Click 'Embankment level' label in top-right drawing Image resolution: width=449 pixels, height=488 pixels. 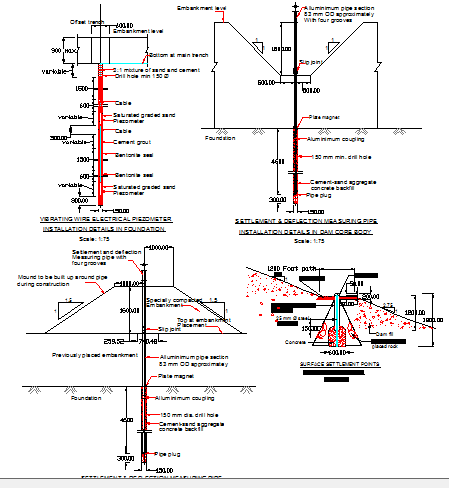(202, 7)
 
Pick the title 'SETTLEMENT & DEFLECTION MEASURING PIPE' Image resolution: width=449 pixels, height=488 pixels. (307, 221)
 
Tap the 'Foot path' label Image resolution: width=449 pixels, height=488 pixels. (306, 270)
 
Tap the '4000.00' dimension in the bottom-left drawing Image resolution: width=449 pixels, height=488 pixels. (160, 246)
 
